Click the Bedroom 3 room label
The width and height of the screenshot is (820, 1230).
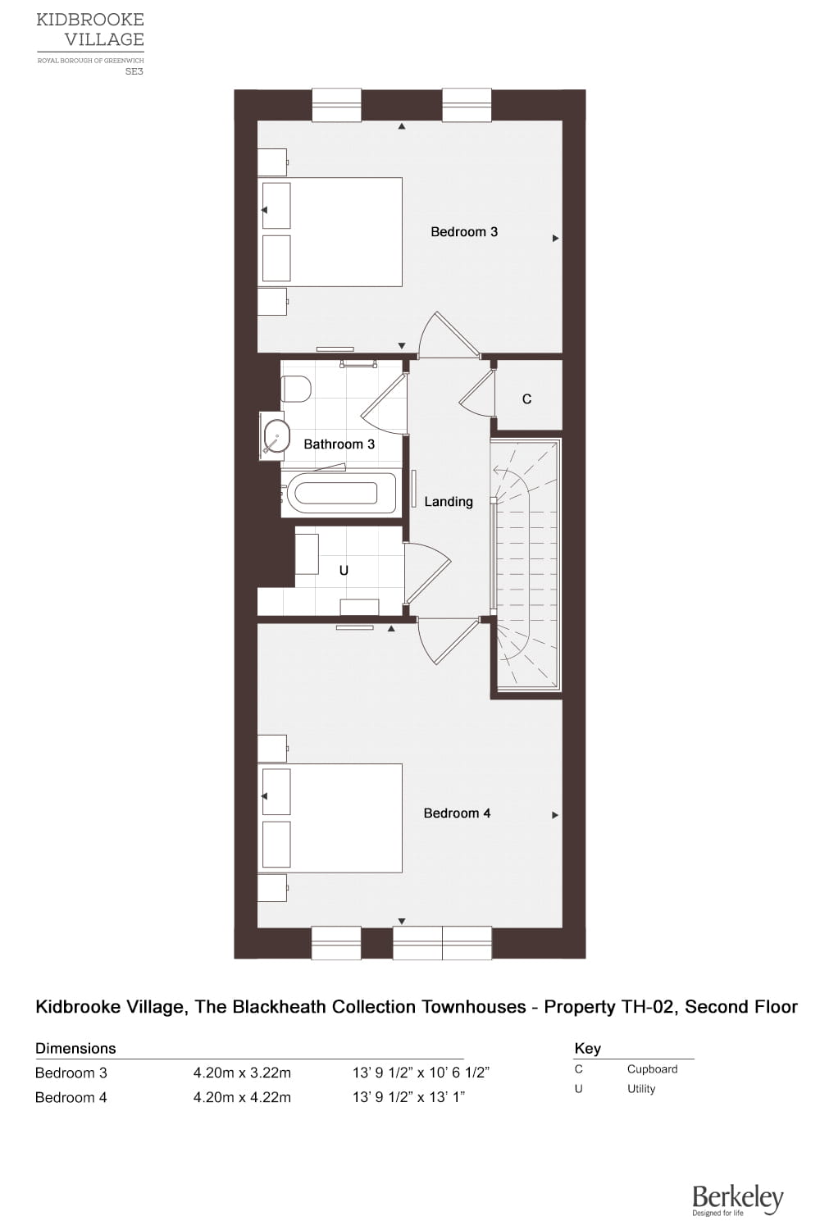tap(463, 232)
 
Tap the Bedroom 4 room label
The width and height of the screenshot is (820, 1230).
tap(457, 813)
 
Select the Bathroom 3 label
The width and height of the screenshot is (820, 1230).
tap(339, 444)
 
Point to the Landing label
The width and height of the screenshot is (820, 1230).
tap(449, 502)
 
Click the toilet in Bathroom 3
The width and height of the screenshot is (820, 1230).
tap(295, 389)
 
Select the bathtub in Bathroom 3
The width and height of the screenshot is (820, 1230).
tap(339, 493)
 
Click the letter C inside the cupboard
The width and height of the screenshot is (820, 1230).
tap(526, 399)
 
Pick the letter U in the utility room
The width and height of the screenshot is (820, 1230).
tap(344, 571)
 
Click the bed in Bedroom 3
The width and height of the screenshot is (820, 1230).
tap(330, 232)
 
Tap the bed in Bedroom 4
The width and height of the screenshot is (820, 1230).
tap(330, 818)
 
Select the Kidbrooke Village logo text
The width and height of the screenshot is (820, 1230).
tap(90, 30)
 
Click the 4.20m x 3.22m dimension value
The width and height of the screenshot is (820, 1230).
tap(242, 1073)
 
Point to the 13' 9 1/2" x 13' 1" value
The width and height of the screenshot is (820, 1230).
tap(408, 1097)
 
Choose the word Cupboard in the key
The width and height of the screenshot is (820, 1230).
tap(653, 1069)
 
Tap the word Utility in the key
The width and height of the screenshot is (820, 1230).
tap(641, 1088)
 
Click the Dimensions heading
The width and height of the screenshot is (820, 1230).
tap(75, 1048)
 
